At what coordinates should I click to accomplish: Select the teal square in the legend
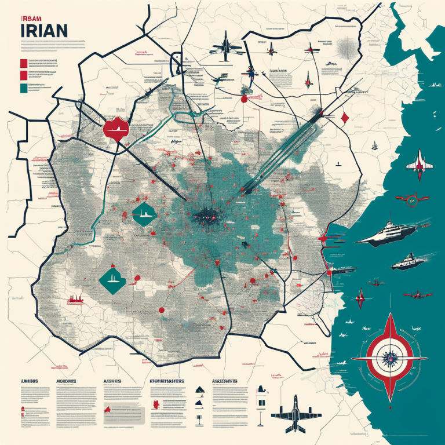23,89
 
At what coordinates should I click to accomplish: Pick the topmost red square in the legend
23,63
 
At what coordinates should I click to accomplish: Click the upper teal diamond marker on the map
144,216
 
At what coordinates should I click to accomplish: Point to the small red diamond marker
345,117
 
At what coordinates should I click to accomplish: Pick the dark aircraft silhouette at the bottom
296,411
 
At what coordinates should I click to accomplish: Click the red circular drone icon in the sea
412,200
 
